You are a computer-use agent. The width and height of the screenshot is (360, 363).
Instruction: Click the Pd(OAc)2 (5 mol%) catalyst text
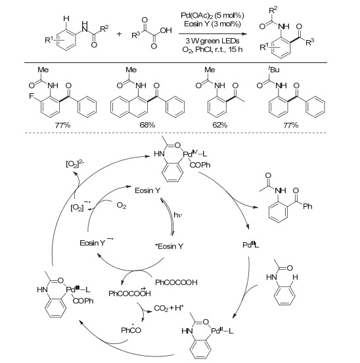pyautogui.click(x=212, y=16)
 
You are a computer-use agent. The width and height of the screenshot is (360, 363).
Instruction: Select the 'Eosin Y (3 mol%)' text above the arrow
pyautogui.click(x=212, y=24)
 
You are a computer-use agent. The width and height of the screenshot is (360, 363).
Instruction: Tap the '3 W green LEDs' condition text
pyautogui.click(x=212, y=41)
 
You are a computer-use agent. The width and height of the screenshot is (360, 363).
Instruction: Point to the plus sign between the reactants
pyautogui.click(x=119, y=34)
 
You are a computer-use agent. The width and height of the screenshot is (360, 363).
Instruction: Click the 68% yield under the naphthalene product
pyautogui.click(x=147, y=125)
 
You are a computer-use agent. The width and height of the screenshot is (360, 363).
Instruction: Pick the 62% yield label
pyautogui.click(x=220, y=125)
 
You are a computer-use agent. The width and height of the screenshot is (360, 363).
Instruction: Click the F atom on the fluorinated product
pyautogui.click(x=31, y=96)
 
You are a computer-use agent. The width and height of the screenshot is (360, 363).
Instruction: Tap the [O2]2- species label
pyautogui.click(x=75, y=164)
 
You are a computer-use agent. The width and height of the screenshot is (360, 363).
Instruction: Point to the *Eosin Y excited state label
pyautogui.click(x=169, y=246)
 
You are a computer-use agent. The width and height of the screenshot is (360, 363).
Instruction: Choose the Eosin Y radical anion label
pyautogui.click(x=96, y=242)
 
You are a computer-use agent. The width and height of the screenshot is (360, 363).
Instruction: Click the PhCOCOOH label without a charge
pyautogui.click(x=176, y=282)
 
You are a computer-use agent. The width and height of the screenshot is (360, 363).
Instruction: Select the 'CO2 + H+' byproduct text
pyautogui.click(x=169, y=308)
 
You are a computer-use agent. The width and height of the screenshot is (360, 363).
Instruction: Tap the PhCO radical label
pyautogui.click(x=131, y=330)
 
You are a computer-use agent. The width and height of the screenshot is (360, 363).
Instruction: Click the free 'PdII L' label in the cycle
pyautogui.click(x=251, y=245)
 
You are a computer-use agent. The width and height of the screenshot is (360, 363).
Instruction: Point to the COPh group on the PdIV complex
pyautogui.click(x=200, y=165)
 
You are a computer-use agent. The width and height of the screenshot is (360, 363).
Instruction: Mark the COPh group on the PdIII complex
pyautogui.click(x=83, y=301)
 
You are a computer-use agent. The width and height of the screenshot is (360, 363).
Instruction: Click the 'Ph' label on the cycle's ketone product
pyautogui.click(x=307, y=206)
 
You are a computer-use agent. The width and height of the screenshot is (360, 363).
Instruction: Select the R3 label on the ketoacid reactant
pyautogui.click(x=136, y=35)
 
